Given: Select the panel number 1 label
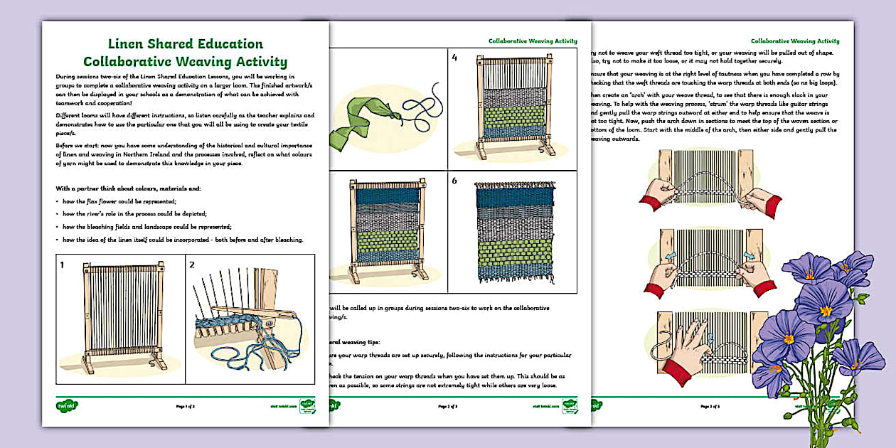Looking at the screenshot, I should [x=63, y=265].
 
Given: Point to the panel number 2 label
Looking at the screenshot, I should [x=192, y=265].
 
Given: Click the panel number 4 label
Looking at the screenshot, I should [x=454, y=58].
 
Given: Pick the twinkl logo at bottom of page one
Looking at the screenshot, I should [x=67, y=406].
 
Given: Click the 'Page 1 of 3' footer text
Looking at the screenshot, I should [x=186, y=407].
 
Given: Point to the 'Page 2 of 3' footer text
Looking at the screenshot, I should [x=448, y=407].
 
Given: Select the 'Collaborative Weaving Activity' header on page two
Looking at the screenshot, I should [x=533, y=41].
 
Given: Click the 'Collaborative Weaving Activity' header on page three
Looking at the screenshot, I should [x=795, y=41].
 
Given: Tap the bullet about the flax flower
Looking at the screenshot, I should [x=114, y=202].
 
